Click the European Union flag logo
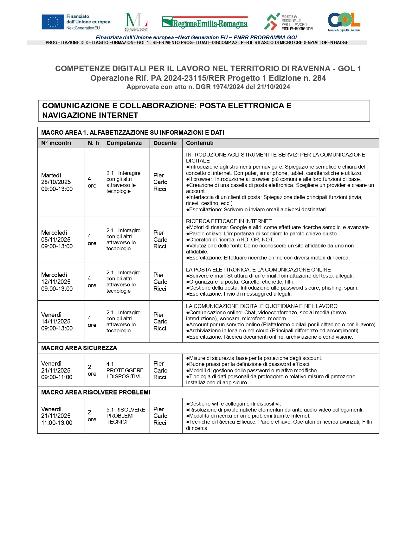click(53, 22)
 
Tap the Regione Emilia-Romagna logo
click(205, 22)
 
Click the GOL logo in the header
click(344, 22)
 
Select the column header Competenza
click(124, 143)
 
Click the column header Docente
click(165, 143)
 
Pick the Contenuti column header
click(200, 143)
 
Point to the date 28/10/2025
click(56, 182)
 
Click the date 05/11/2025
click(56, 240)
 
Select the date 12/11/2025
click(56, 282)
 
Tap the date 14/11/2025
click(56, 322)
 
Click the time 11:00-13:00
click(57, 423)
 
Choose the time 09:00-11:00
click(57, 377)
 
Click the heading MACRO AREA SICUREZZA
click(79, 348)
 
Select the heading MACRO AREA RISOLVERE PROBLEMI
click(96, 393)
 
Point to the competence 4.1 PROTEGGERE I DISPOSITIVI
click(125, 370)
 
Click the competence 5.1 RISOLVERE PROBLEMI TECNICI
click(126, 416)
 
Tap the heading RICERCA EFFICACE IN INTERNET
click(229, 221)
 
